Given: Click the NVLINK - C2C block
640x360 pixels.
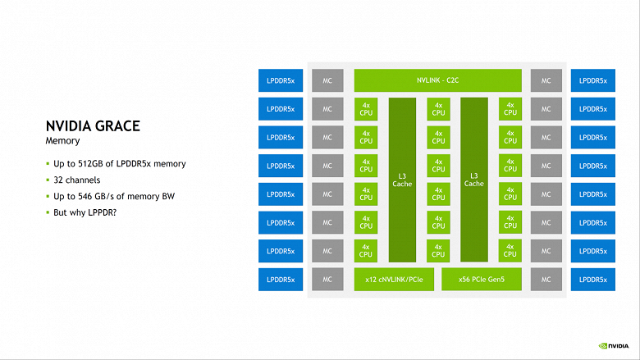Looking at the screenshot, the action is pyautogui.click(x=437, y=80).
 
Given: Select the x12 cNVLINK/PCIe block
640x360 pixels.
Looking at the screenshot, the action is pyautogui.click(x=394, y=280).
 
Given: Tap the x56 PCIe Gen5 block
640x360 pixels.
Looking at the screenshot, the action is pyautogui.click(x=481, y=280).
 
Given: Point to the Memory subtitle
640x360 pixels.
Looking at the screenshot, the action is pyautogui.click(x=62, y=141).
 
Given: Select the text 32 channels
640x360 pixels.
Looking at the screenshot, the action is pyautogui.click(x=77, y=180).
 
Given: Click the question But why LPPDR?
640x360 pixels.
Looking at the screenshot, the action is pyautogui.click(x=85, y=212).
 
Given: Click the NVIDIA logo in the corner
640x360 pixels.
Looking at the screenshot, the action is pyautogui.click(x=614, y=346).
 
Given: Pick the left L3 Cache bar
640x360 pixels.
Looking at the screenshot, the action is pyautogui.click(x=402, y=180).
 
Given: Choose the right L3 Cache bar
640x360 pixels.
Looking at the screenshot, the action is pyautogui.click(x=474, y=180).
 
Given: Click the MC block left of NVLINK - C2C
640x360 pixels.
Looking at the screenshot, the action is pyautogui.click(x=327, y=80).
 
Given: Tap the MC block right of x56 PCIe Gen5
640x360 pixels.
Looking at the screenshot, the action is pyautogui.click(x=546, y=280).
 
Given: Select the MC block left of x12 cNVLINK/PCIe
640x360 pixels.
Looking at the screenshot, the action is pyautogui.click(x=327, y=280).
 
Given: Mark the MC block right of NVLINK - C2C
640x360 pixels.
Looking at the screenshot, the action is pyautogui.click(x=546, y=80).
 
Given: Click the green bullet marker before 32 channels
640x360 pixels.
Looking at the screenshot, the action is pyautogui.click(x=48, y=180).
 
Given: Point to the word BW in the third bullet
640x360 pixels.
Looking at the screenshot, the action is pyautogui.click(x=168, y=196).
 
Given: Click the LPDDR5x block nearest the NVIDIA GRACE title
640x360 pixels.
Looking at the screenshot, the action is pyautogui.click(x=281, y=138).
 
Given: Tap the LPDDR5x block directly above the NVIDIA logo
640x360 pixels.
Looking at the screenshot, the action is pyautogui.click(x=592, y=280).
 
